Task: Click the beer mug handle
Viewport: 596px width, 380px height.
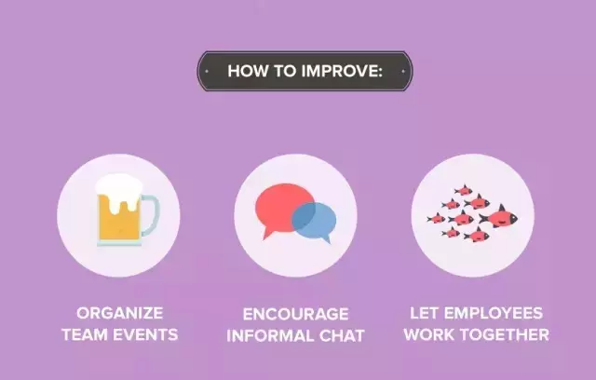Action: click(151, 215)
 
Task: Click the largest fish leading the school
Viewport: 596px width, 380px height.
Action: click(499, 217)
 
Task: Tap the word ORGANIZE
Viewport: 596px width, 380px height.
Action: click(120, 313)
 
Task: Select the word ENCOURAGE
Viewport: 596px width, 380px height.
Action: click(296, 314)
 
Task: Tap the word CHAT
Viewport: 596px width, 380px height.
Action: click(342, 336)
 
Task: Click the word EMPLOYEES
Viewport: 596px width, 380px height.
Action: click(494, 313)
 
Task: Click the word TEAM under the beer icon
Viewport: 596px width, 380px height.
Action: click(85, 334)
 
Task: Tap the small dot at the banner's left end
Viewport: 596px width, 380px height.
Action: click(207, 71)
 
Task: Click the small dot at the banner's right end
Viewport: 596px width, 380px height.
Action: click(403, 71)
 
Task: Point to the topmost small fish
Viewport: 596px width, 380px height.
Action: click(464, 190)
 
